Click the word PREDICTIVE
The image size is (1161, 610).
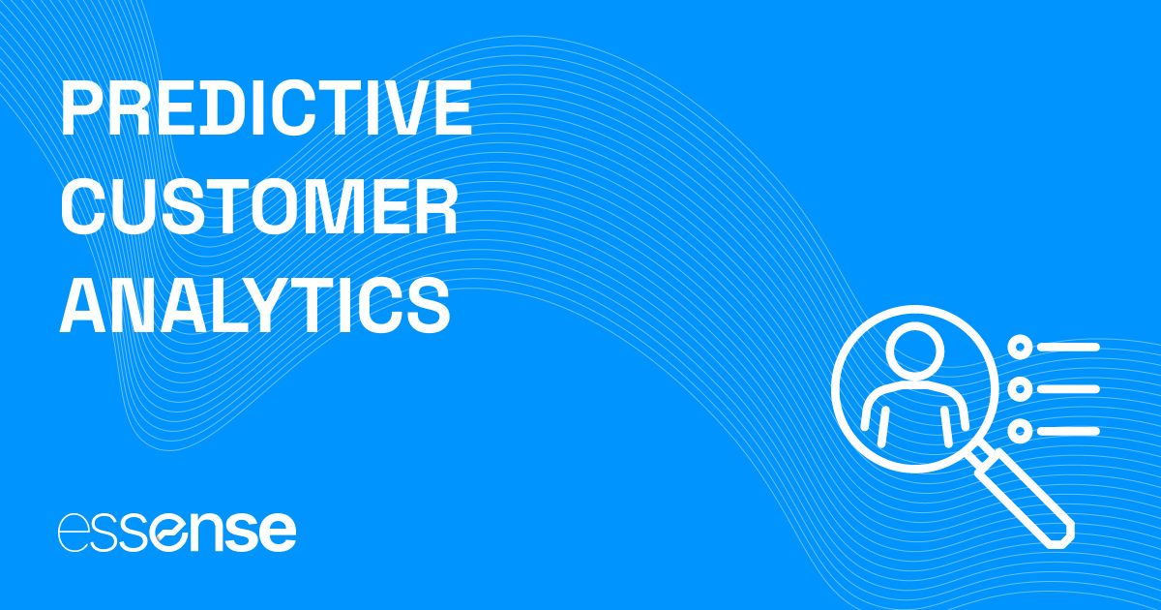pos(266,109)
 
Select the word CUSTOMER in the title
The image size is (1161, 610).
pos(259,206)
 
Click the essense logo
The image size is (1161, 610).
pos(177,531)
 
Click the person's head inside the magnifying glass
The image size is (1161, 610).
pos(914,353)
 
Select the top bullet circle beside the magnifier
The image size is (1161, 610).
pos(1019,347)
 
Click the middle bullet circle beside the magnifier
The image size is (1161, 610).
pos(1019,389)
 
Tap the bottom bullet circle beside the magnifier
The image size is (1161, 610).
pos(1019,431)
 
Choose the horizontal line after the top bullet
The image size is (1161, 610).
pos(1068,347)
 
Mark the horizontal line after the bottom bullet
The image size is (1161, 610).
pos(1068,431)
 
